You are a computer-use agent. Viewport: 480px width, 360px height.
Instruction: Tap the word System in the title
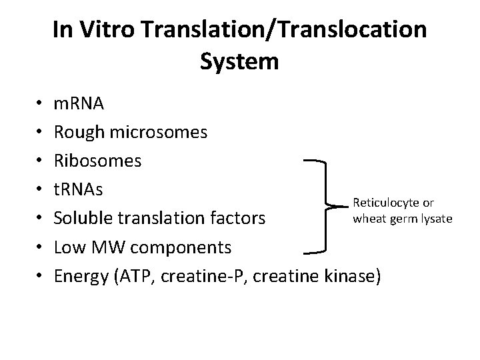click(239, 62)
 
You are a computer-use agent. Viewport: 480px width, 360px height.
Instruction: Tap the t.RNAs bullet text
click(79, 190)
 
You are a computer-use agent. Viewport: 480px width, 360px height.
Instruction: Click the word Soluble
click(83, 218)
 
